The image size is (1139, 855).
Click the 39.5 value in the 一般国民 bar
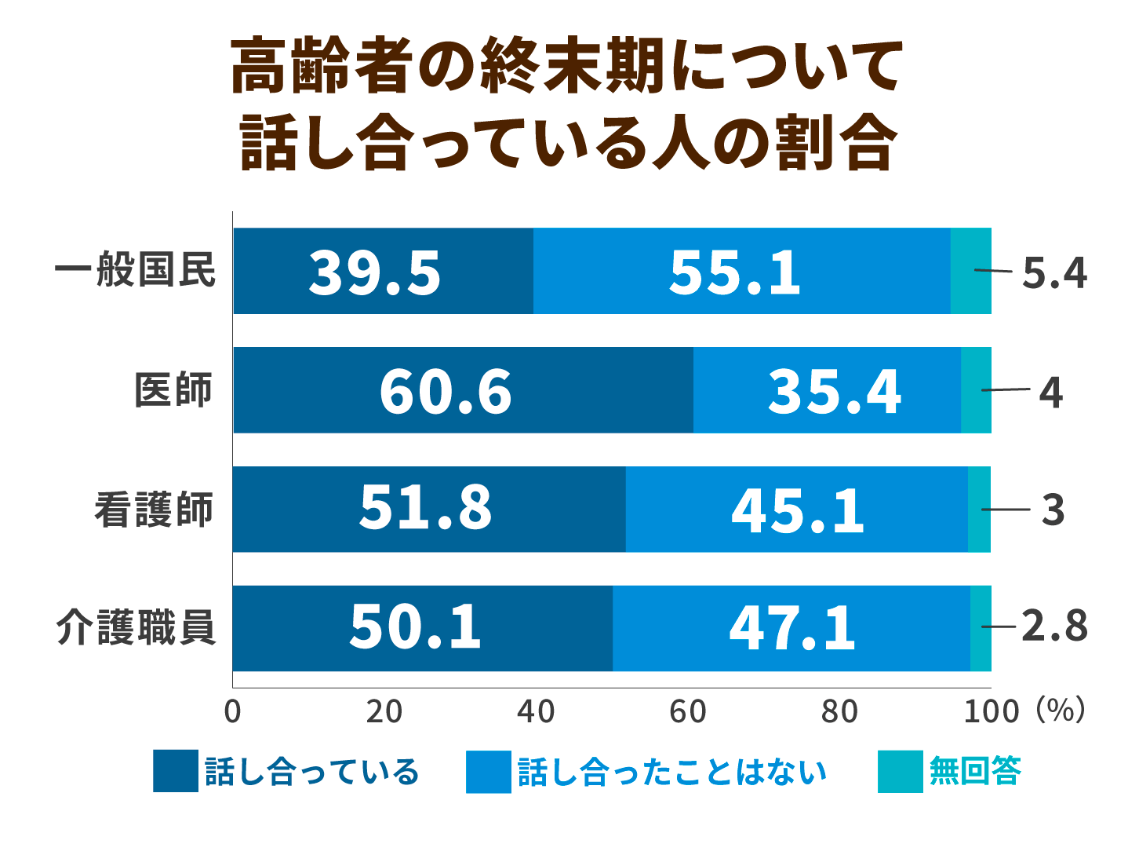375,273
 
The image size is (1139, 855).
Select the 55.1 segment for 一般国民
735,273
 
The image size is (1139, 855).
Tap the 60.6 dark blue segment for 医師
446,392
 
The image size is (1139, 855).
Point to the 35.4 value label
834,392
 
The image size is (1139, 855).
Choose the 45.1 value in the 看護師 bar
797,511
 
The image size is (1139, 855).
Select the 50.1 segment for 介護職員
415,628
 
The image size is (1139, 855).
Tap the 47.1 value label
792,628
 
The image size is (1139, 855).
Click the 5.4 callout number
1054,273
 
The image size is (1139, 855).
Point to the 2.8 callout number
1054,627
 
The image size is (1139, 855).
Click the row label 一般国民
135,271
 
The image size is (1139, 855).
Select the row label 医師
173,390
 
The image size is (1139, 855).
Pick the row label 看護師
154,510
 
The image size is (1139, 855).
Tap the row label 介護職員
135,628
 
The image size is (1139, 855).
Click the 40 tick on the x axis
536,711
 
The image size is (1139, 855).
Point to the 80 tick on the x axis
839,711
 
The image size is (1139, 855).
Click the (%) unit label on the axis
1061,710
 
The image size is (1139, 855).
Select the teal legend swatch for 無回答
900,772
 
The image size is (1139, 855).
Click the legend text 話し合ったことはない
672,773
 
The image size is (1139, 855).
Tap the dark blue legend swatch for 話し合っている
176,772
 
